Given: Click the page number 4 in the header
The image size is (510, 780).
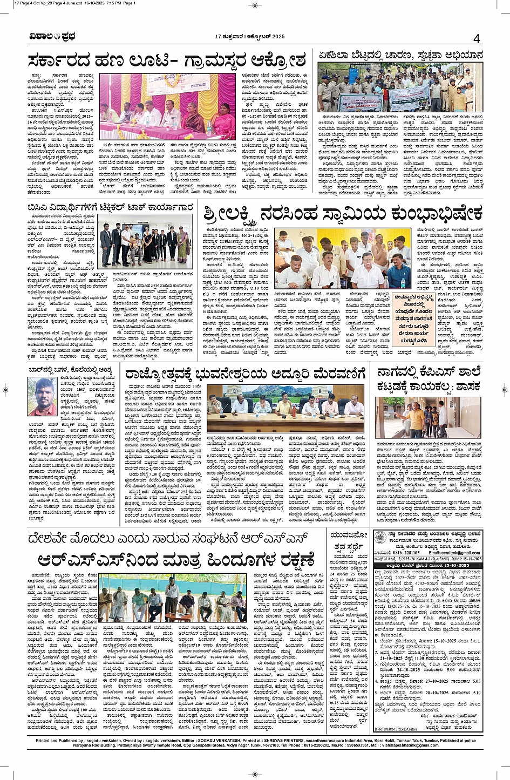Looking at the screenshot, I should (x=477, y=38).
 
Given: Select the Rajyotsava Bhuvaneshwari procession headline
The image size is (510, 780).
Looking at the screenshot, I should (x=244, y=374).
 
